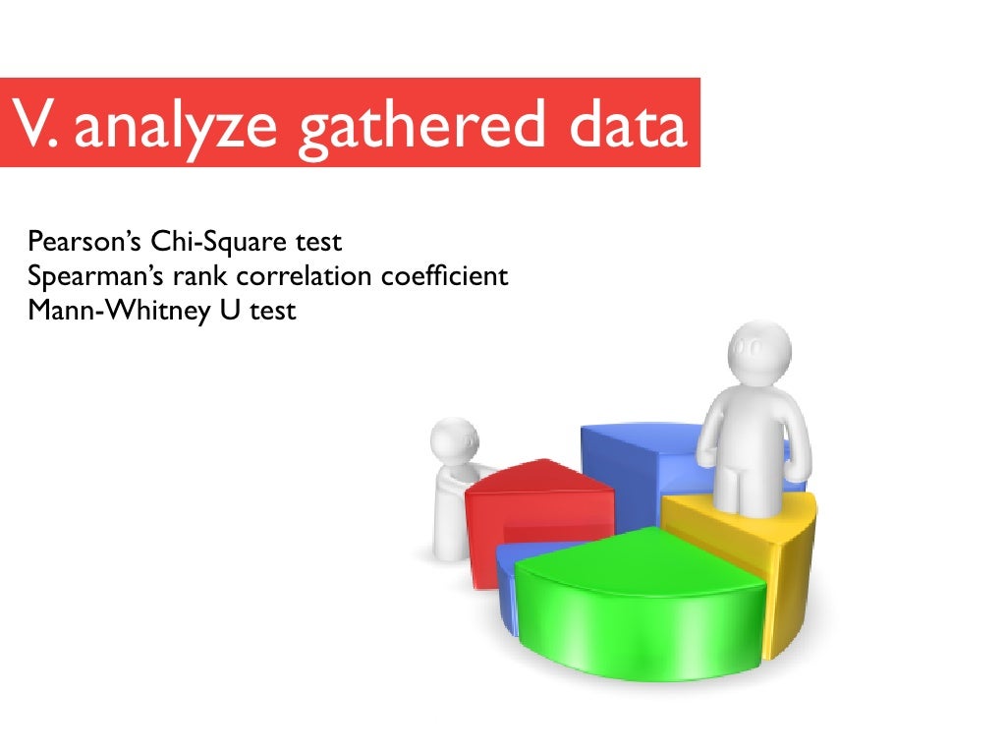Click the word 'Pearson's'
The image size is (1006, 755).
(x=85, y=241)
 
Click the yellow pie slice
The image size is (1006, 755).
(x=776, y=551)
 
